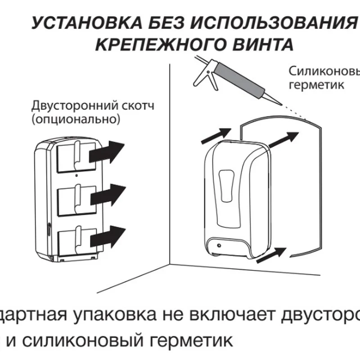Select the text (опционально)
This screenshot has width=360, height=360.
tap(76, 120)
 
